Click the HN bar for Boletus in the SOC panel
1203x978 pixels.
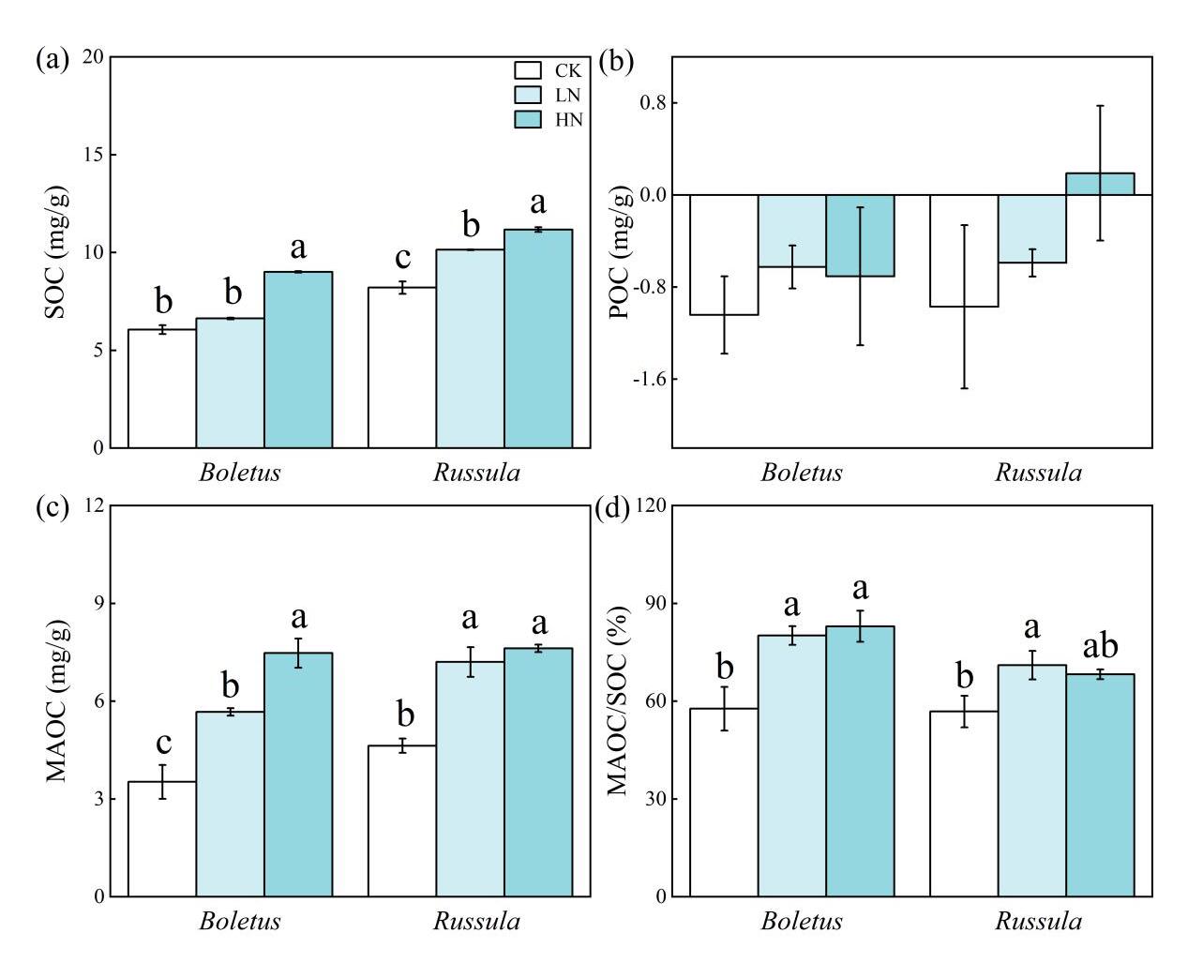pyautogui.click(x=298, y=359)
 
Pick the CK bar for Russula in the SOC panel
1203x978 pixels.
pyautogui.click(x=401, y=368)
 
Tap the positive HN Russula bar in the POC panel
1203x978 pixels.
pyautogui.click(x=1100, y=184)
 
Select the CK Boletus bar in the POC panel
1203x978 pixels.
pyautogui.click(x=724, y=254)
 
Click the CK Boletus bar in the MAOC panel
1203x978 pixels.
pyautogui.click(x=162, y=838)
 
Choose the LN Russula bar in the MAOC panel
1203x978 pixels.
pyautogui.click(x=470, y=778)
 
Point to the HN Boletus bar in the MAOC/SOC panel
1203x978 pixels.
pyautogui.click(x=860, y=760)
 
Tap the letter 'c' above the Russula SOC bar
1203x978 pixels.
pyautogui.click(x=401, y=258)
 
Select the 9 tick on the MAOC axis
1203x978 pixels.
pyautogui.click(x=97, y=604)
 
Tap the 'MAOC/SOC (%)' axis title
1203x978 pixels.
pyautogui.click(x=618, y=701)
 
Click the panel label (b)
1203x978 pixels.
pyautogui.click(x=616, y=62)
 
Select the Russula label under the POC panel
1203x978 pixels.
pyautogui.click(x=1038, y=473)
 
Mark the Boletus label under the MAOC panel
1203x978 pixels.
pyautogui.click(x=240, y=922)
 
